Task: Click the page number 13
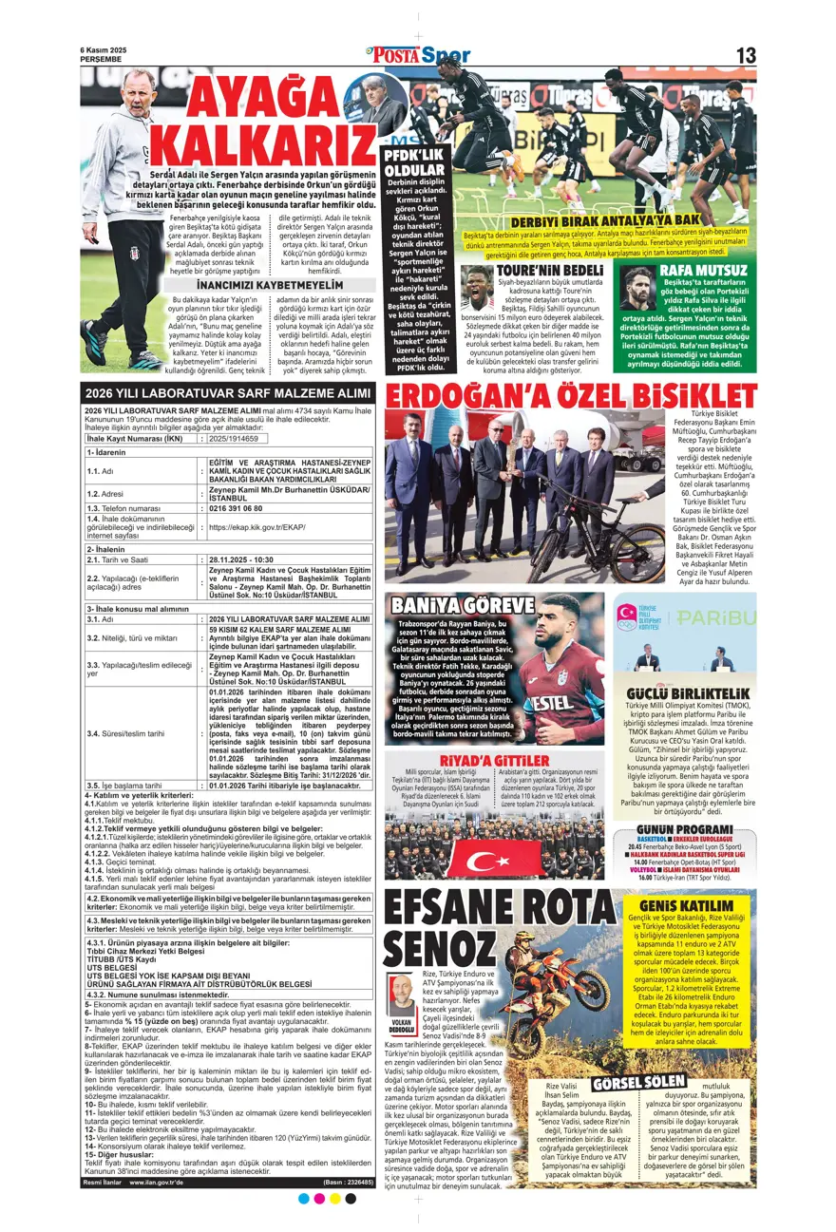(x=746, y=55)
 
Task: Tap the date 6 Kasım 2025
(x=103, y=50)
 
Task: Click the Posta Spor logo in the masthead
(x=417, y=55)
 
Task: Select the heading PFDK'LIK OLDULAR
(x=413, y=162)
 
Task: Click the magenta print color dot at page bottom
(x=319, y=1199)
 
